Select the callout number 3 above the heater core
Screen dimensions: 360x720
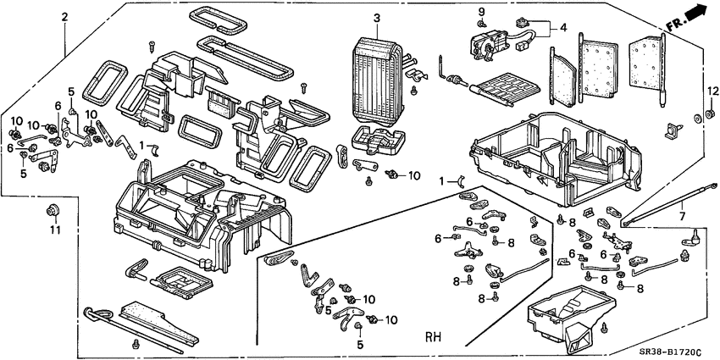click(377, 18)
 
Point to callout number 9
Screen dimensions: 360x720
click(481, 11)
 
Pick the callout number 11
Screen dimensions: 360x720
click(54, 230)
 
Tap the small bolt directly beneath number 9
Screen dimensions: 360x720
click(481, 25)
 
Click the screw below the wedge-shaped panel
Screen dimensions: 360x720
click(135, 344)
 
